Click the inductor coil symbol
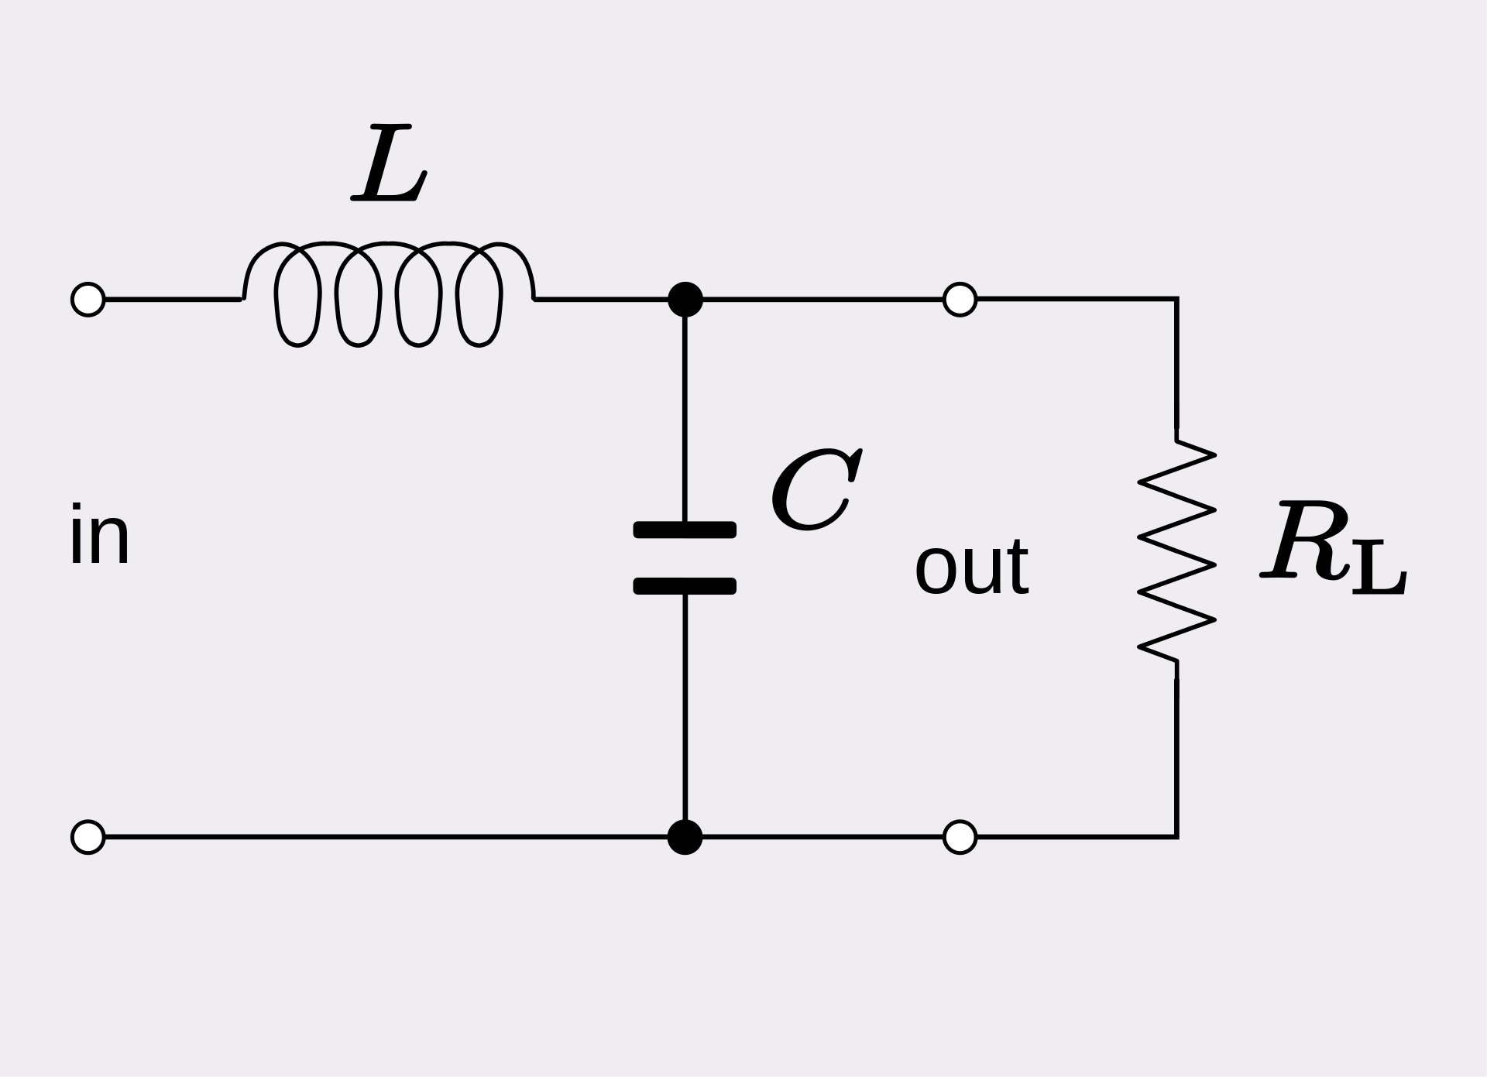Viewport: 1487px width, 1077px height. click(388, 245)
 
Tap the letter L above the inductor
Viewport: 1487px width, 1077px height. click(389, 163)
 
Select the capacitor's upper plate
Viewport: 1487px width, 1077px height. click(685, 530)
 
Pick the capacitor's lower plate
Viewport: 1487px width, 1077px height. click(685, 586)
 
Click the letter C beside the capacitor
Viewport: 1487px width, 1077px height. click(816, 490)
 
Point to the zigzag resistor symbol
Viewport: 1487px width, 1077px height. click(1176, 551)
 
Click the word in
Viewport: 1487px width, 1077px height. click(99, 536)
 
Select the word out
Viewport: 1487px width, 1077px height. click(972, 567)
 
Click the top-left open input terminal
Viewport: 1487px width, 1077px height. click(88, 299)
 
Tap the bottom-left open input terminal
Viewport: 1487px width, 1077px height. click(88, 837)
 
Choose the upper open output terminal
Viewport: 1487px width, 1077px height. click(960, 299)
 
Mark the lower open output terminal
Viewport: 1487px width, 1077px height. click(960, 837)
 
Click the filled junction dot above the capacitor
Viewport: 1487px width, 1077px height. click(685, 299)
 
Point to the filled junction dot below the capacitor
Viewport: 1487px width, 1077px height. click(685, 837)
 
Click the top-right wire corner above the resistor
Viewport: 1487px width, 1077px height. click(1176, 299)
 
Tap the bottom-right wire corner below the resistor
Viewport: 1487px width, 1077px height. click(1176, 837)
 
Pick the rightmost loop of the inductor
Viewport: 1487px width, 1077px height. click(500, 294)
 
